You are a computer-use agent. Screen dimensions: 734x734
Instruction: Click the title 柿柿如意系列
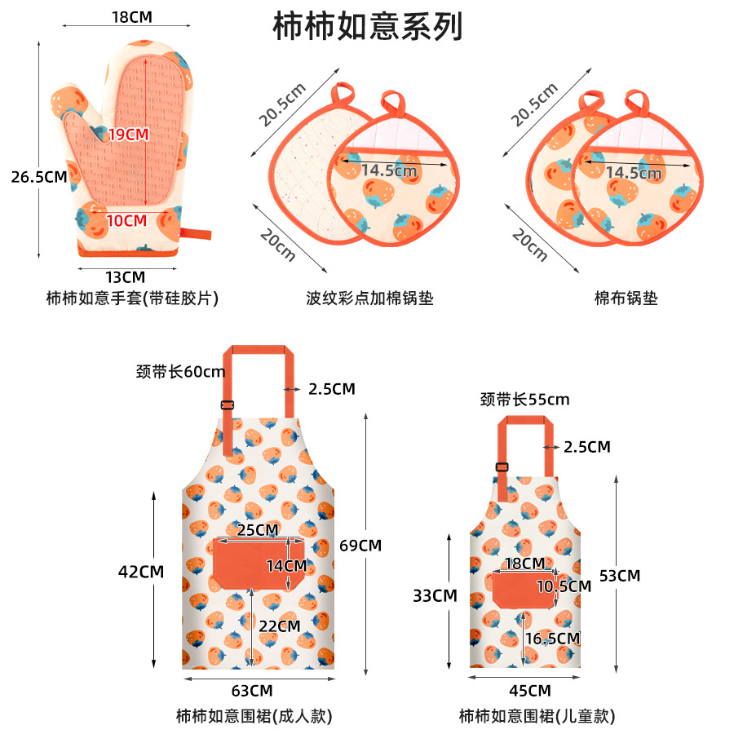coord(367,27)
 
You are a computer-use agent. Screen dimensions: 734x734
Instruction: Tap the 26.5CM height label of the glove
coord(38,176)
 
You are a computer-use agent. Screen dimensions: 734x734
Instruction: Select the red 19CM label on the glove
coord(129,135)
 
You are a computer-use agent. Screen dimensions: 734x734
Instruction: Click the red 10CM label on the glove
coord(127,220)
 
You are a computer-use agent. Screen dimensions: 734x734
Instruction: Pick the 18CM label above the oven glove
coord(131,16)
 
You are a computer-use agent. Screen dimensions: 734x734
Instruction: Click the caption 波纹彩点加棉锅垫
coord(369,298)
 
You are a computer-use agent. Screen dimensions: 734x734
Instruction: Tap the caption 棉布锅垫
coord(626,298)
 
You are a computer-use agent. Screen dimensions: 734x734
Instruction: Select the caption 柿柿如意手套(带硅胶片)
coord(132,298)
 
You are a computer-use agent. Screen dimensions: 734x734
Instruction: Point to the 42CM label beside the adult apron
coord(141,572)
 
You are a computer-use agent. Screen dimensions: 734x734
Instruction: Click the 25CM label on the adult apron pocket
coord(258,530)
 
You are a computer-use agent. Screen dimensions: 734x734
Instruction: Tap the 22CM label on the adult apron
coord(280,626)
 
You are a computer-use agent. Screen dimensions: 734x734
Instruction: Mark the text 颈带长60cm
coord(179,372)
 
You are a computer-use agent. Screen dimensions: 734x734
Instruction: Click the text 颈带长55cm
coord(524,400)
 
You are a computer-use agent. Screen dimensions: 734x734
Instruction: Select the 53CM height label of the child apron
coord(620,575)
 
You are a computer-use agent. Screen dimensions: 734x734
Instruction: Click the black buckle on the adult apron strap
coord(228,405)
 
